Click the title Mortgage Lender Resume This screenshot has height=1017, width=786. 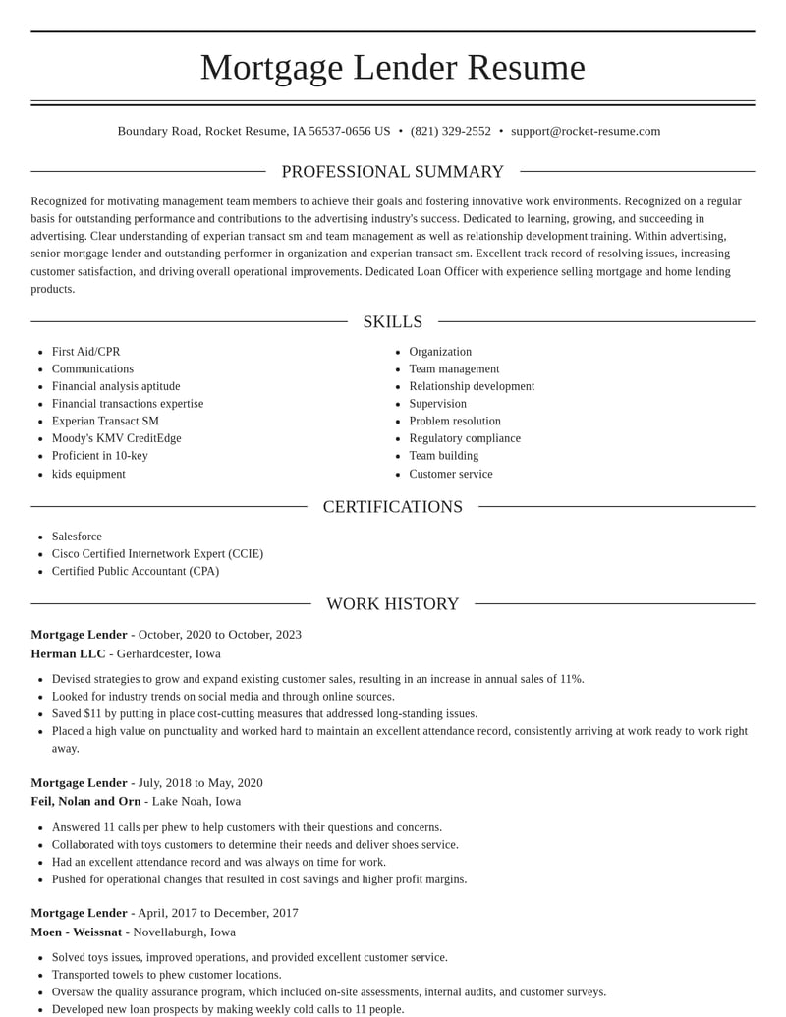(x=393, y=67)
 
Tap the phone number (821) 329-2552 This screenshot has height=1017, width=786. (x=451, y=131)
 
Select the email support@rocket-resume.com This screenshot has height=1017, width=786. (x=586, y=131)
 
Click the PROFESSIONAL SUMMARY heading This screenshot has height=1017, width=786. (x=393, y=172)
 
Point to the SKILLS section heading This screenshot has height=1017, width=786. (x=393, y=322)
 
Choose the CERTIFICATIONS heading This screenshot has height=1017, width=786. (x=393, y=507)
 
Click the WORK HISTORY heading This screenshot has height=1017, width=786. (x=393, y=604)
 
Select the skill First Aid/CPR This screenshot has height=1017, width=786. (x=86, y=352)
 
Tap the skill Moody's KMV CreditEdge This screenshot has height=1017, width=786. (x=117, y=438)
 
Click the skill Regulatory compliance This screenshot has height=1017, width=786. (x=465, y=438)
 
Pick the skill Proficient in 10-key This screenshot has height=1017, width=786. (x=100, y=456)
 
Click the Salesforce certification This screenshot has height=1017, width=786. (x=77, y=537)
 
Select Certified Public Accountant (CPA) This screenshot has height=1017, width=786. (x=136, y=571)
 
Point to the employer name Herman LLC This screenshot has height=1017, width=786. (x=68, y=653)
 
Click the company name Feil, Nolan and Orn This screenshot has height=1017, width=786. (x=85, y=801)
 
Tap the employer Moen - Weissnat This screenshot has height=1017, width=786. (x=77, y=932)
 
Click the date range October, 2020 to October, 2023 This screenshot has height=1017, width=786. (x=220, y=635)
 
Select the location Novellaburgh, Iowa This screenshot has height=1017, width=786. (x=185, y=932)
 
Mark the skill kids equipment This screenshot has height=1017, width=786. (x=88, y=474)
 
